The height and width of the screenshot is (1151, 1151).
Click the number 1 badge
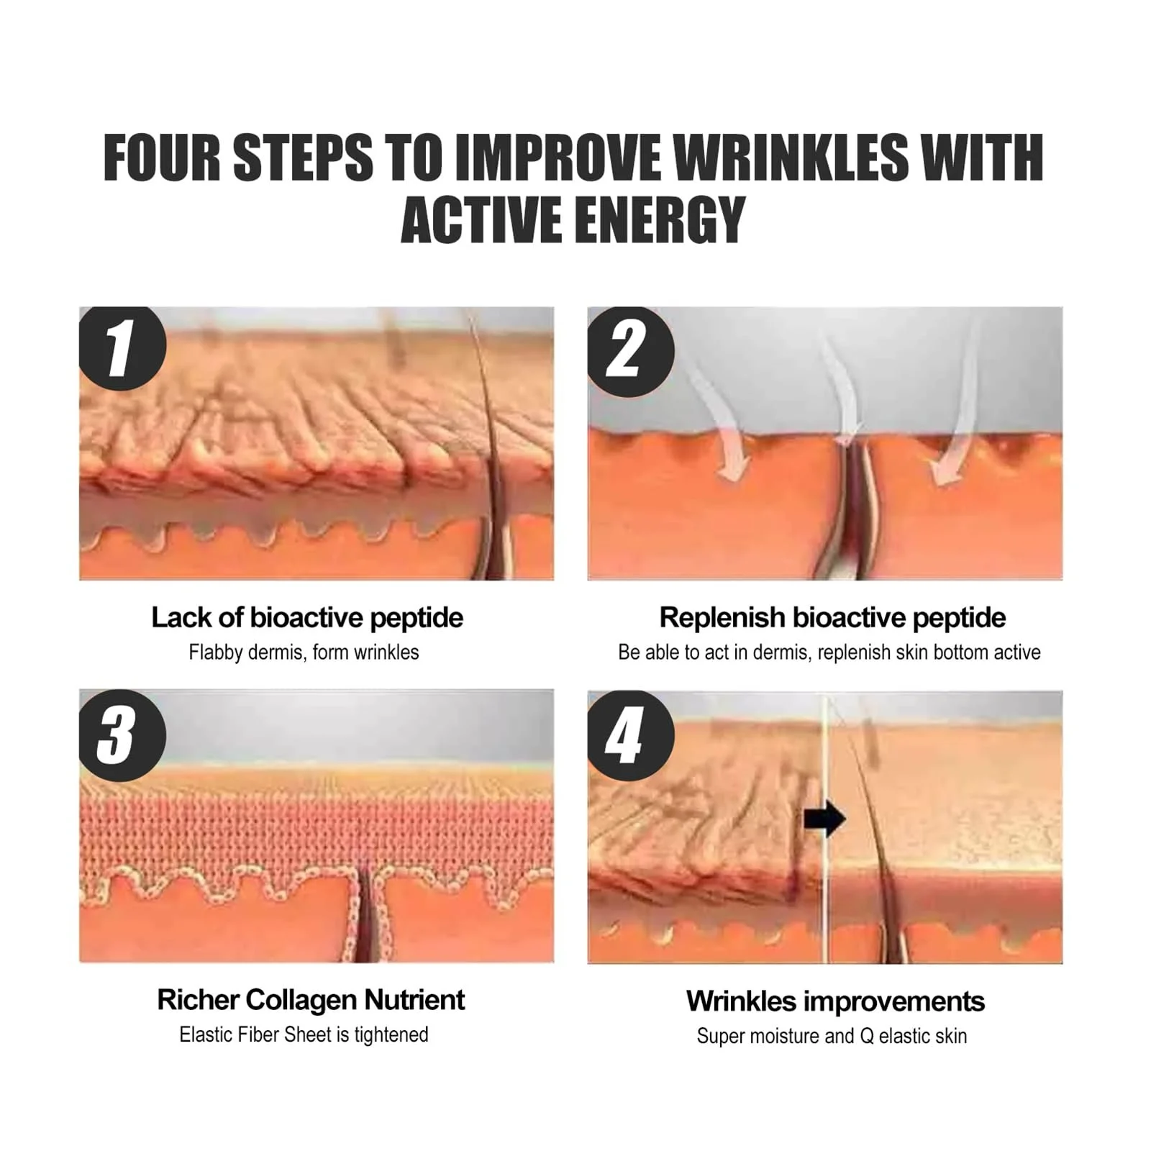[x=122, y=349]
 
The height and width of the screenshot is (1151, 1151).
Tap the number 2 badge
[x=631, y=351]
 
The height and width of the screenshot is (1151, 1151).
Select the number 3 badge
[x=122, y=735]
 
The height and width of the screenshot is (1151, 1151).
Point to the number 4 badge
[x=631, y=735]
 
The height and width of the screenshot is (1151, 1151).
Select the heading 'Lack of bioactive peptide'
[x=307, y=618]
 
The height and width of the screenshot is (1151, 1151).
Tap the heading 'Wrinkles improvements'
[x=835, y=1001]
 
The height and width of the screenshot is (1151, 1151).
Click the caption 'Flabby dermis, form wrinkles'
[x=304, y=652]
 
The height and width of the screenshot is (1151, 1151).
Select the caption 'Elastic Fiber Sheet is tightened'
[x=304, y=1034]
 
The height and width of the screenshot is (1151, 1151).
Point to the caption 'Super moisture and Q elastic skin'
[x=832, y=1036]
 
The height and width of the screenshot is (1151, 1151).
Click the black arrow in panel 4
[x=824, y=819]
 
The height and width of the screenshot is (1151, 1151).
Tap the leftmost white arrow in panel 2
[x=719, y=417]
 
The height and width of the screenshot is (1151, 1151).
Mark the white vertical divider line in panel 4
[x=826, y=827]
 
